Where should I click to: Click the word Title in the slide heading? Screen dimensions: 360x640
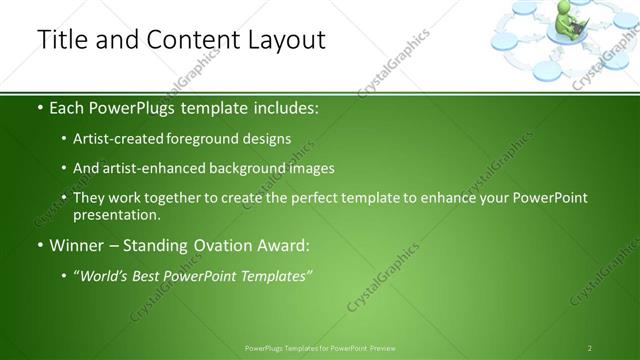tap(61, 40)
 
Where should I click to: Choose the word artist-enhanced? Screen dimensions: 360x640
tap(140, 168)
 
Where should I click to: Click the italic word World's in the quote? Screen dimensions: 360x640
tap(105, 274)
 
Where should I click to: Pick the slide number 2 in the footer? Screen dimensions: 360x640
tap(590, 347)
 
